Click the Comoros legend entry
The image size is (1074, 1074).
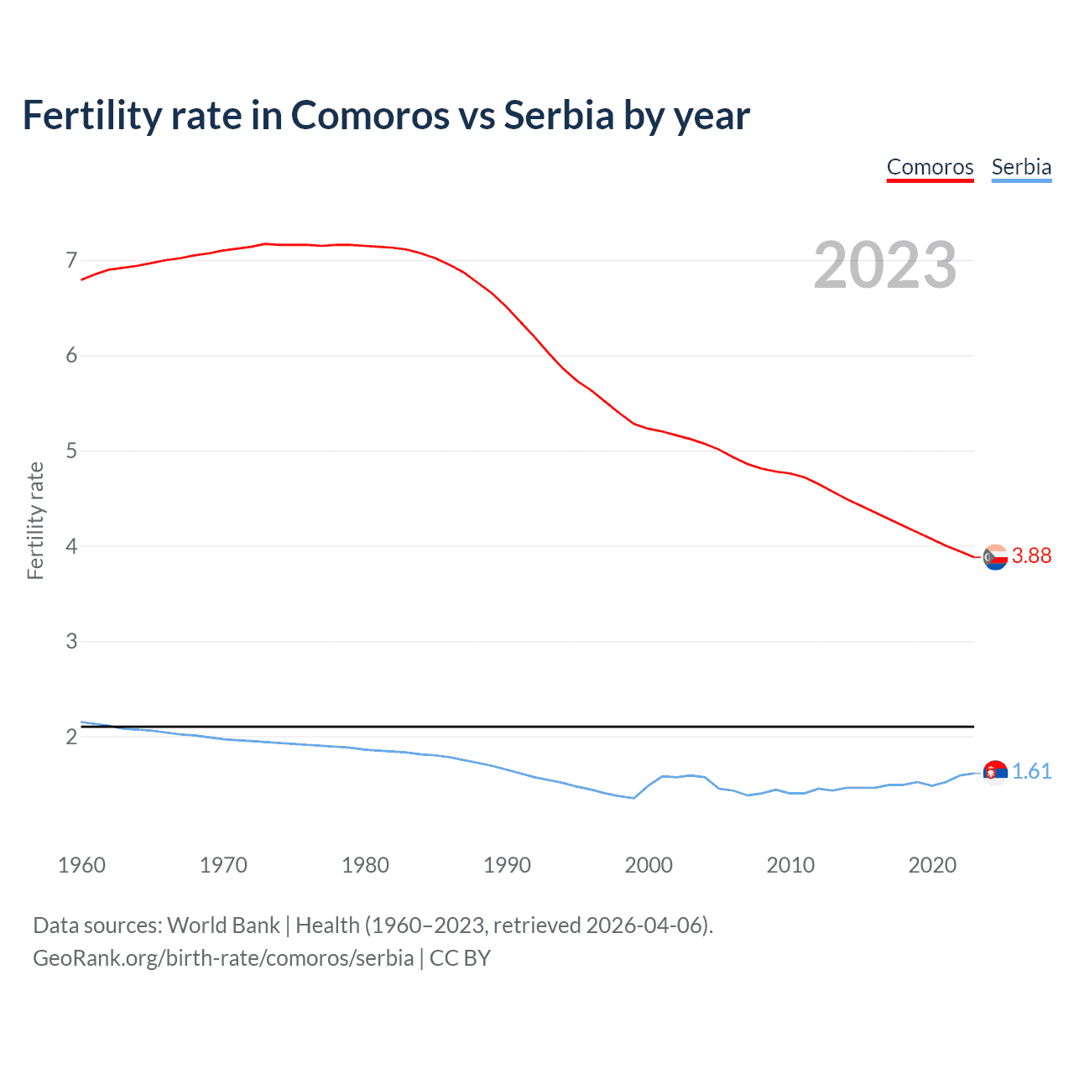[930, 167]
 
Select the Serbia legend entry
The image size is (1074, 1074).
[1021, 167]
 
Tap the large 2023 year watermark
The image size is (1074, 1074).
[885, 265]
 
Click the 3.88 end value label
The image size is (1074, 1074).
[1031, 555]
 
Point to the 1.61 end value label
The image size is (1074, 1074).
[1031, 771]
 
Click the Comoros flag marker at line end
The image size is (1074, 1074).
[995, 557]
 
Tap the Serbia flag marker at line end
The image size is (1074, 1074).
[995, 772]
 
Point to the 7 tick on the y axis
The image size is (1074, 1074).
[71, 260]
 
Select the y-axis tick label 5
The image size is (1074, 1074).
[71, 451]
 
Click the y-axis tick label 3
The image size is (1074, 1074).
[71, 641]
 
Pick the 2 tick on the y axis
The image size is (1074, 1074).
[71, 737]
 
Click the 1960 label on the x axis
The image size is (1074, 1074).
[81, 865]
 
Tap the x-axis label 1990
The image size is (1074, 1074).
[507, 865]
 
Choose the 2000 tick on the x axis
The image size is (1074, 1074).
[649, 865]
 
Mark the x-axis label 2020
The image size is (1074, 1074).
[932, 865]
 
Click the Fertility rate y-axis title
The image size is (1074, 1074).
[35, 520]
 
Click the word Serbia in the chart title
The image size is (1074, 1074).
[559, 115]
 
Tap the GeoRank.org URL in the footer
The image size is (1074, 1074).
[223, 958]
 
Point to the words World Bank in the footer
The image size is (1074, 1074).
[223, 925]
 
